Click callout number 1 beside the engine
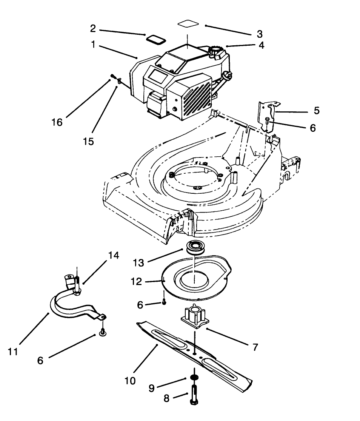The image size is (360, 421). pyautogui.click(x=93, y=45)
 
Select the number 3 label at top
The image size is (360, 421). pyautogui.click(x=259, y=34)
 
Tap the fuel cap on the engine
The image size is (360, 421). pyautogui.click(x=216, y=50)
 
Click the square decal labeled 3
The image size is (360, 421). pyautogui.click(x=188, y=24)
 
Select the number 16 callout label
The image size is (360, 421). pyautogui.click(x=57, y=123)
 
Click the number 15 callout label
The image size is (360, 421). pyautogui.click(x=88, y=141)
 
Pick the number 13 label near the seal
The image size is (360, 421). pyautogui.click(x=138, y=263)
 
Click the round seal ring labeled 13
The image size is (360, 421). pyautogui.click(x=194, y=247)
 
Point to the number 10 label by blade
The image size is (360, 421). pyautogui.click(x=129, y=381)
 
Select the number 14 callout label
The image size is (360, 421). pyautogui.click(x=114, y=256)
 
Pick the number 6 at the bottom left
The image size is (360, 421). pyautogui.click(x=40, y=361)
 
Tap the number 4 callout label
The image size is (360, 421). pyautogui.click(x=261, y=45)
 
